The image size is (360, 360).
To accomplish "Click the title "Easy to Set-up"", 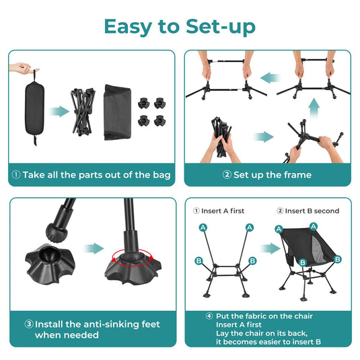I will pyautogui.click(x=180, y=26).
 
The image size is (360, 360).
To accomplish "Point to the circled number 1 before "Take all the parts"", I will pyautogui.click(x=15, y=175).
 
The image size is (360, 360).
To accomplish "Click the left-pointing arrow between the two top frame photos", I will pyautogui.click(x=270, y=79).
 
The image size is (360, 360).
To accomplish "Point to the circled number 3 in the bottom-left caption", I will pyautogui.click(x=29, y=324).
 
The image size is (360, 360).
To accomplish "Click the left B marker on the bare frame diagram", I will pyautogui.click(x=199, y=260).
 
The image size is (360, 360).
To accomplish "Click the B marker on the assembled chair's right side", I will pyautogui.click(x=338, y=259).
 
